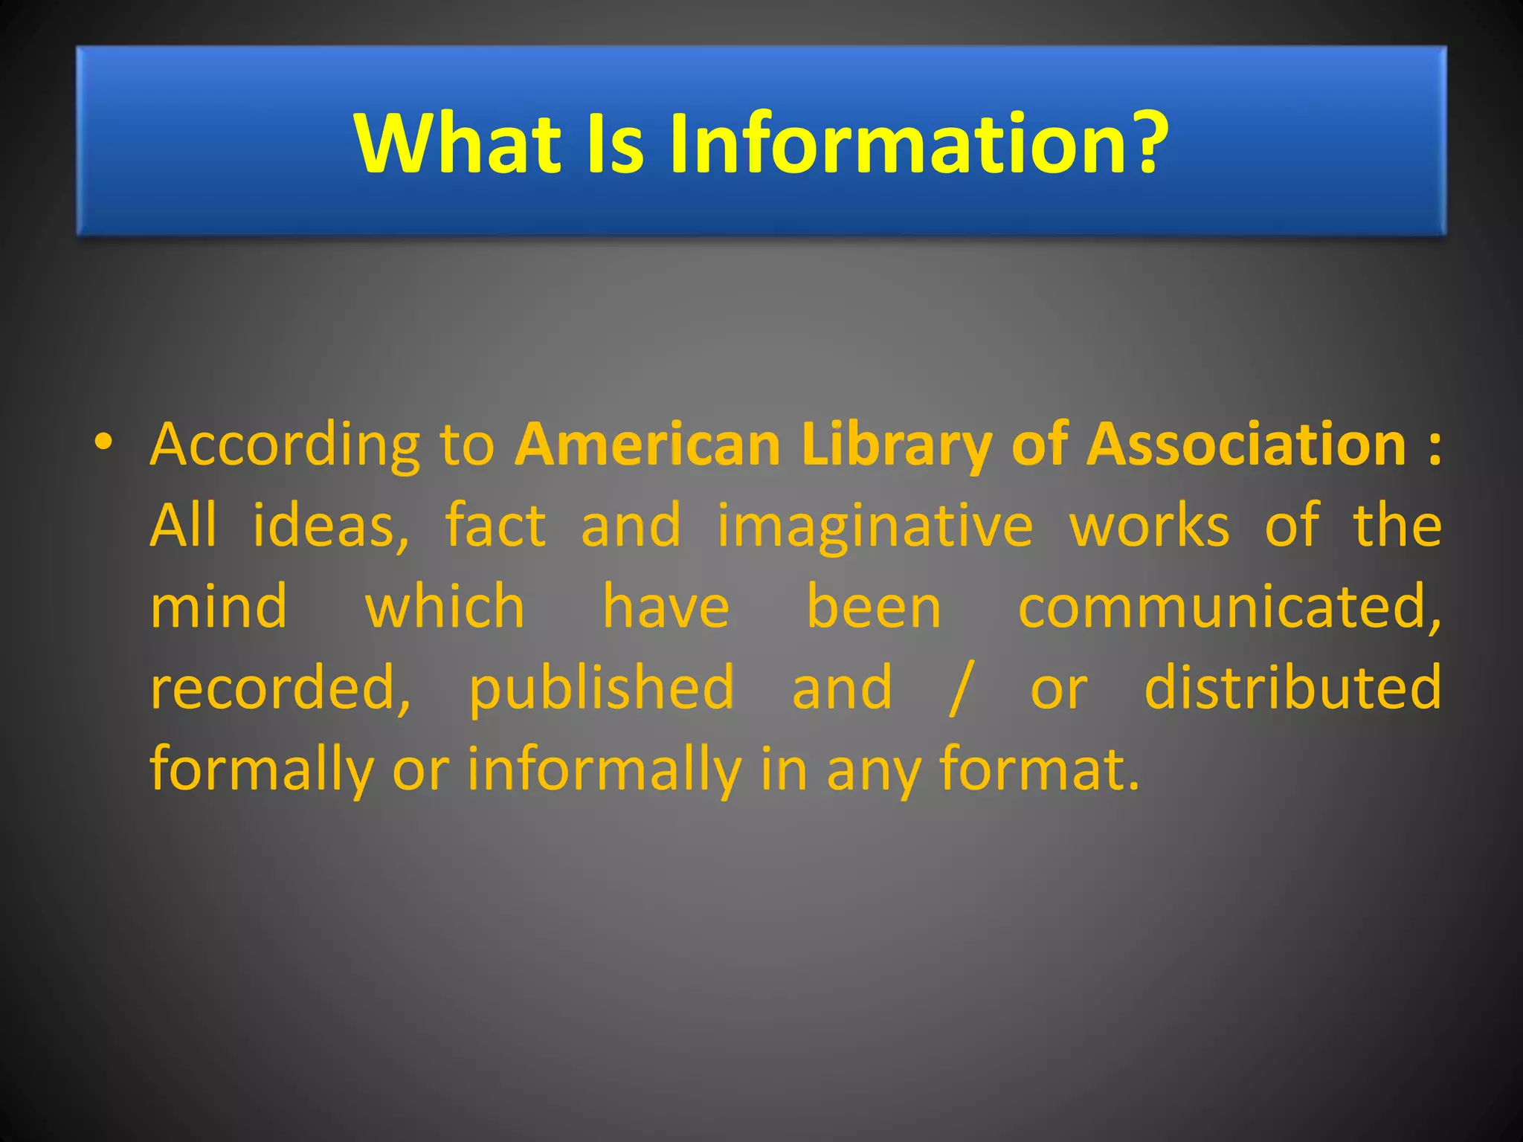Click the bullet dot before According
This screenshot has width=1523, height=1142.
pos(103,442)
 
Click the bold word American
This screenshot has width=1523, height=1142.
pos(647,445)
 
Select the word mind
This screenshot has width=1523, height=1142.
pos(219,607)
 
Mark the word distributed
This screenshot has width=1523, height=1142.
pos(1292,687)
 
